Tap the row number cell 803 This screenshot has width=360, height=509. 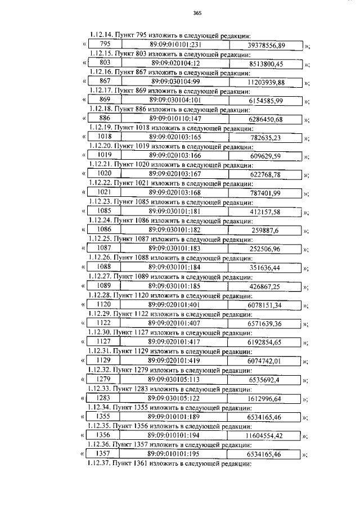[x=105, y=63]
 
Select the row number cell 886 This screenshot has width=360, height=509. [x=105, y=119]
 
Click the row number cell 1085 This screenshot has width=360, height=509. [x=105, y=211]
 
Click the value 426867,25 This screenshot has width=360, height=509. [x=265, y=285]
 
